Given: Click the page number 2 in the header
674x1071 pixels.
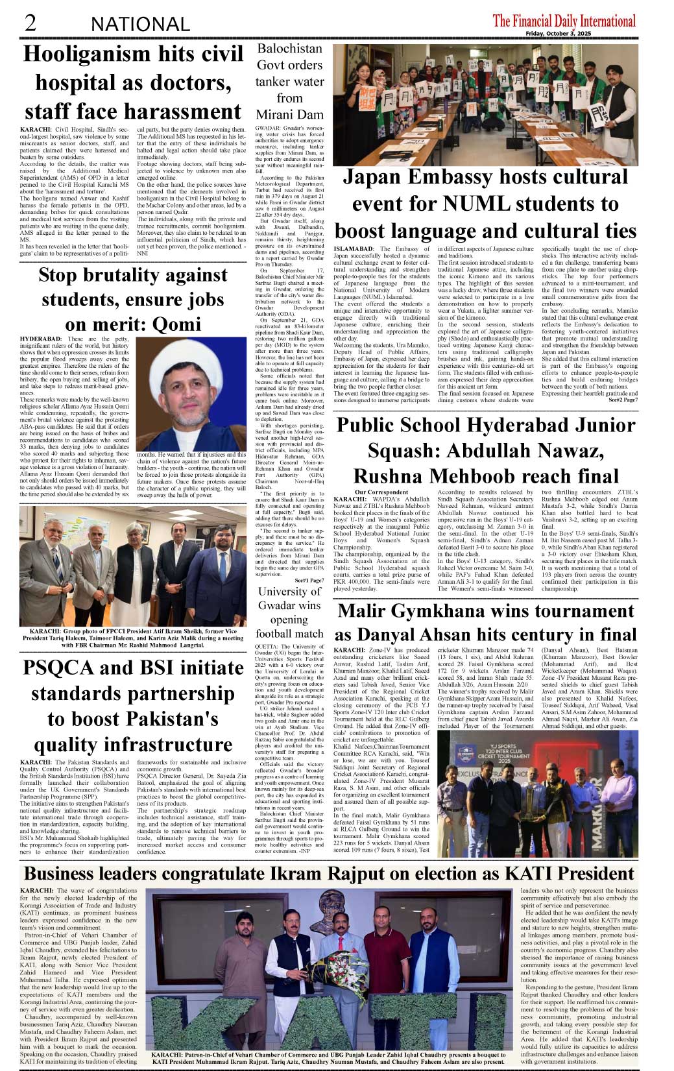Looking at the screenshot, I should click(30, 23).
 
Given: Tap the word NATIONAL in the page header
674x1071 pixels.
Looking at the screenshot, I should click(140, 25).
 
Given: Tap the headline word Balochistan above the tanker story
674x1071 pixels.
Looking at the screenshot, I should click(289, 49).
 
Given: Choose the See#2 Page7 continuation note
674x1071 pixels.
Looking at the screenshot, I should click(622, 400).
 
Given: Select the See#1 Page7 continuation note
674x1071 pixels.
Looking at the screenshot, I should click(309, 580).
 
